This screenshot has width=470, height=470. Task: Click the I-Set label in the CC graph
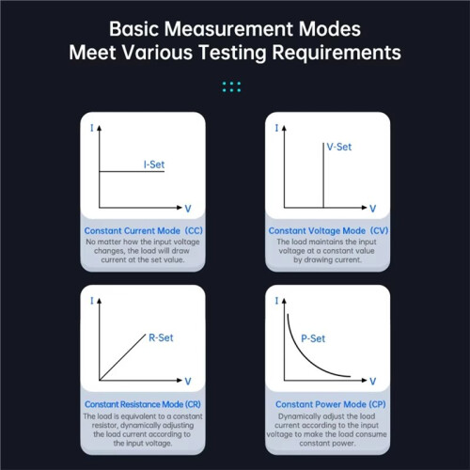[154, 164]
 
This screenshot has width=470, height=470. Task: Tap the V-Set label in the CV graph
[339, 147]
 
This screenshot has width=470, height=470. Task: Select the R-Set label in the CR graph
[161, 337]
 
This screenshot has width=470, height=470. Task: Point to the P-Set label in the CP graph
[313, 338]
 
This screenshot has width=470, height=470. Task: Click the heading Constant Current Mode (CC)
[144, 230]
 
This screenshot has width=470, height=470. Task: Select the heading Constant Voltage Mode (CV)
[328, 230]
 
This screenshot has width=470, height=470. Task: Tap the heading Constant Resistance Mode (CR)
[143, 404]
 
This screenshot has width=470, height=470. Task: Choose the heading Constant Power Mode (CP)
[331, 404]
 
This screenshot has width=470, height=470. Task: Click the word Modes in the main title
[329, 29]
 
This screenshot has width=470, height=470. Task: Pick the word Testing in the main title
[233, 53]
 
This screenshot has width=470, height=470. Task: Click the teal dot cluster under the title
[231, 86]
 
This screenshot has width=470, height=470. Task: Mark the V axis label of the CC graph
[188, 209]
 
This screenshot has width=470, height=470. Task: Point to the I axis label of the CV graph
[276, 128]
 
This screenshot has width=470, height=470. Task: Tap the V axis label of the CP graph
[372, 382]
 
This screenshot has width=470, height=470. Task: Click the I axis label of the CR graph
[92, 301]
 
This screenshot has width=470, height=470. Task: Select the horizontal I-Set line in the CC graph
[132, 171]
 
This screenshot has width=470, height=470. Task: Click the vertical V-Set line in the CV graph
[323, 175]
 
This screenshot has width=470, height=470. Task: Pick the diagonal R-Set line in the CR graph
[122, 357]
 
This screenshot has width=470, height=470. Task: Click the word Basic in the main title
[133, 29]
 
